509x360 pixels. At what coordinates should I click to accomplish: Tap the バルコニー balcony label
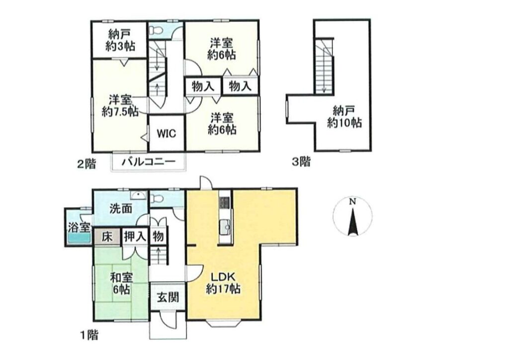tap(149, 162)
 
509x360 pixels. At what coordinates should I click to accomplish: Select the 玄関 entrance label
tap(168, 297)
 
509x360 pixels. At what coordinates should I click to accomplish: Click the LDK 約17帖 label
tap(223, 283)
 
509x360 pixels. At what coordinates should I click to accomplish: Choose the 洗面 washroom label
tap(121, 209)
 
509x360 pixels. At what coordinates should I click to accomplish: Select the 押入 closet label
tap(135, 237)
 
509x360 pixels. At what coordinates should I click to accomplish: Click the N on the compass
tap(352, 201)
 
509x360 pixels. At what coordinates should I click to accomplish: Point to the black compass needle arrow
tap(352, 222)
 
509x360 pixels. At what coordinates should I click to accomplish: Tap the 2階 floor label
tap(86, 164)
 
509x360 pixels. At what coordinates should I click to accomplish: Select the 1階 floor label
tap(88, 335)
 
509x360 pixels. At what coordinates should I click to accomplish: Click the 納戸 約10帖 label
tap(344, 117)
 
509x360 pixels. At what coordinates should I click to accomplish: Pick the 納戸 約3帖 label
tap(120, 40)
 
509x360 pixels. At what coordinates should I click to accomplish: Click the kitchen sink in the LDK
tap(224, 225)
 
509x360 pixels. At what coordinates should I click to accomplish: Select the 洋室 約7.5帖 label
tap(120, 105)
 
